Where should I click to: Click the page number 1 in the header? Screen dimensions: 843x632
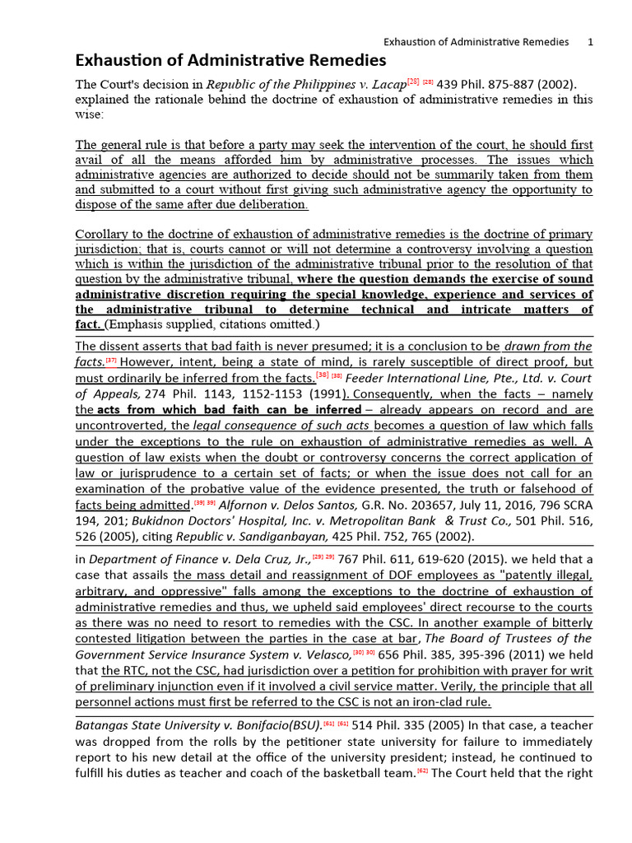click(x=590, y=41)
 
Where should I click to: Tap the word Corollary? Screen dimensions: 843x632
click(x=102, y=234)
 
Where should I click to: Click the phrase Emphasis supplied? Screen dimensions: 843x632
click(x=155, y=324)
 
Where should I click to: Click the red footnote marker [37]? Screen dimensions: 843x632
click(x=111, y=361)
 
